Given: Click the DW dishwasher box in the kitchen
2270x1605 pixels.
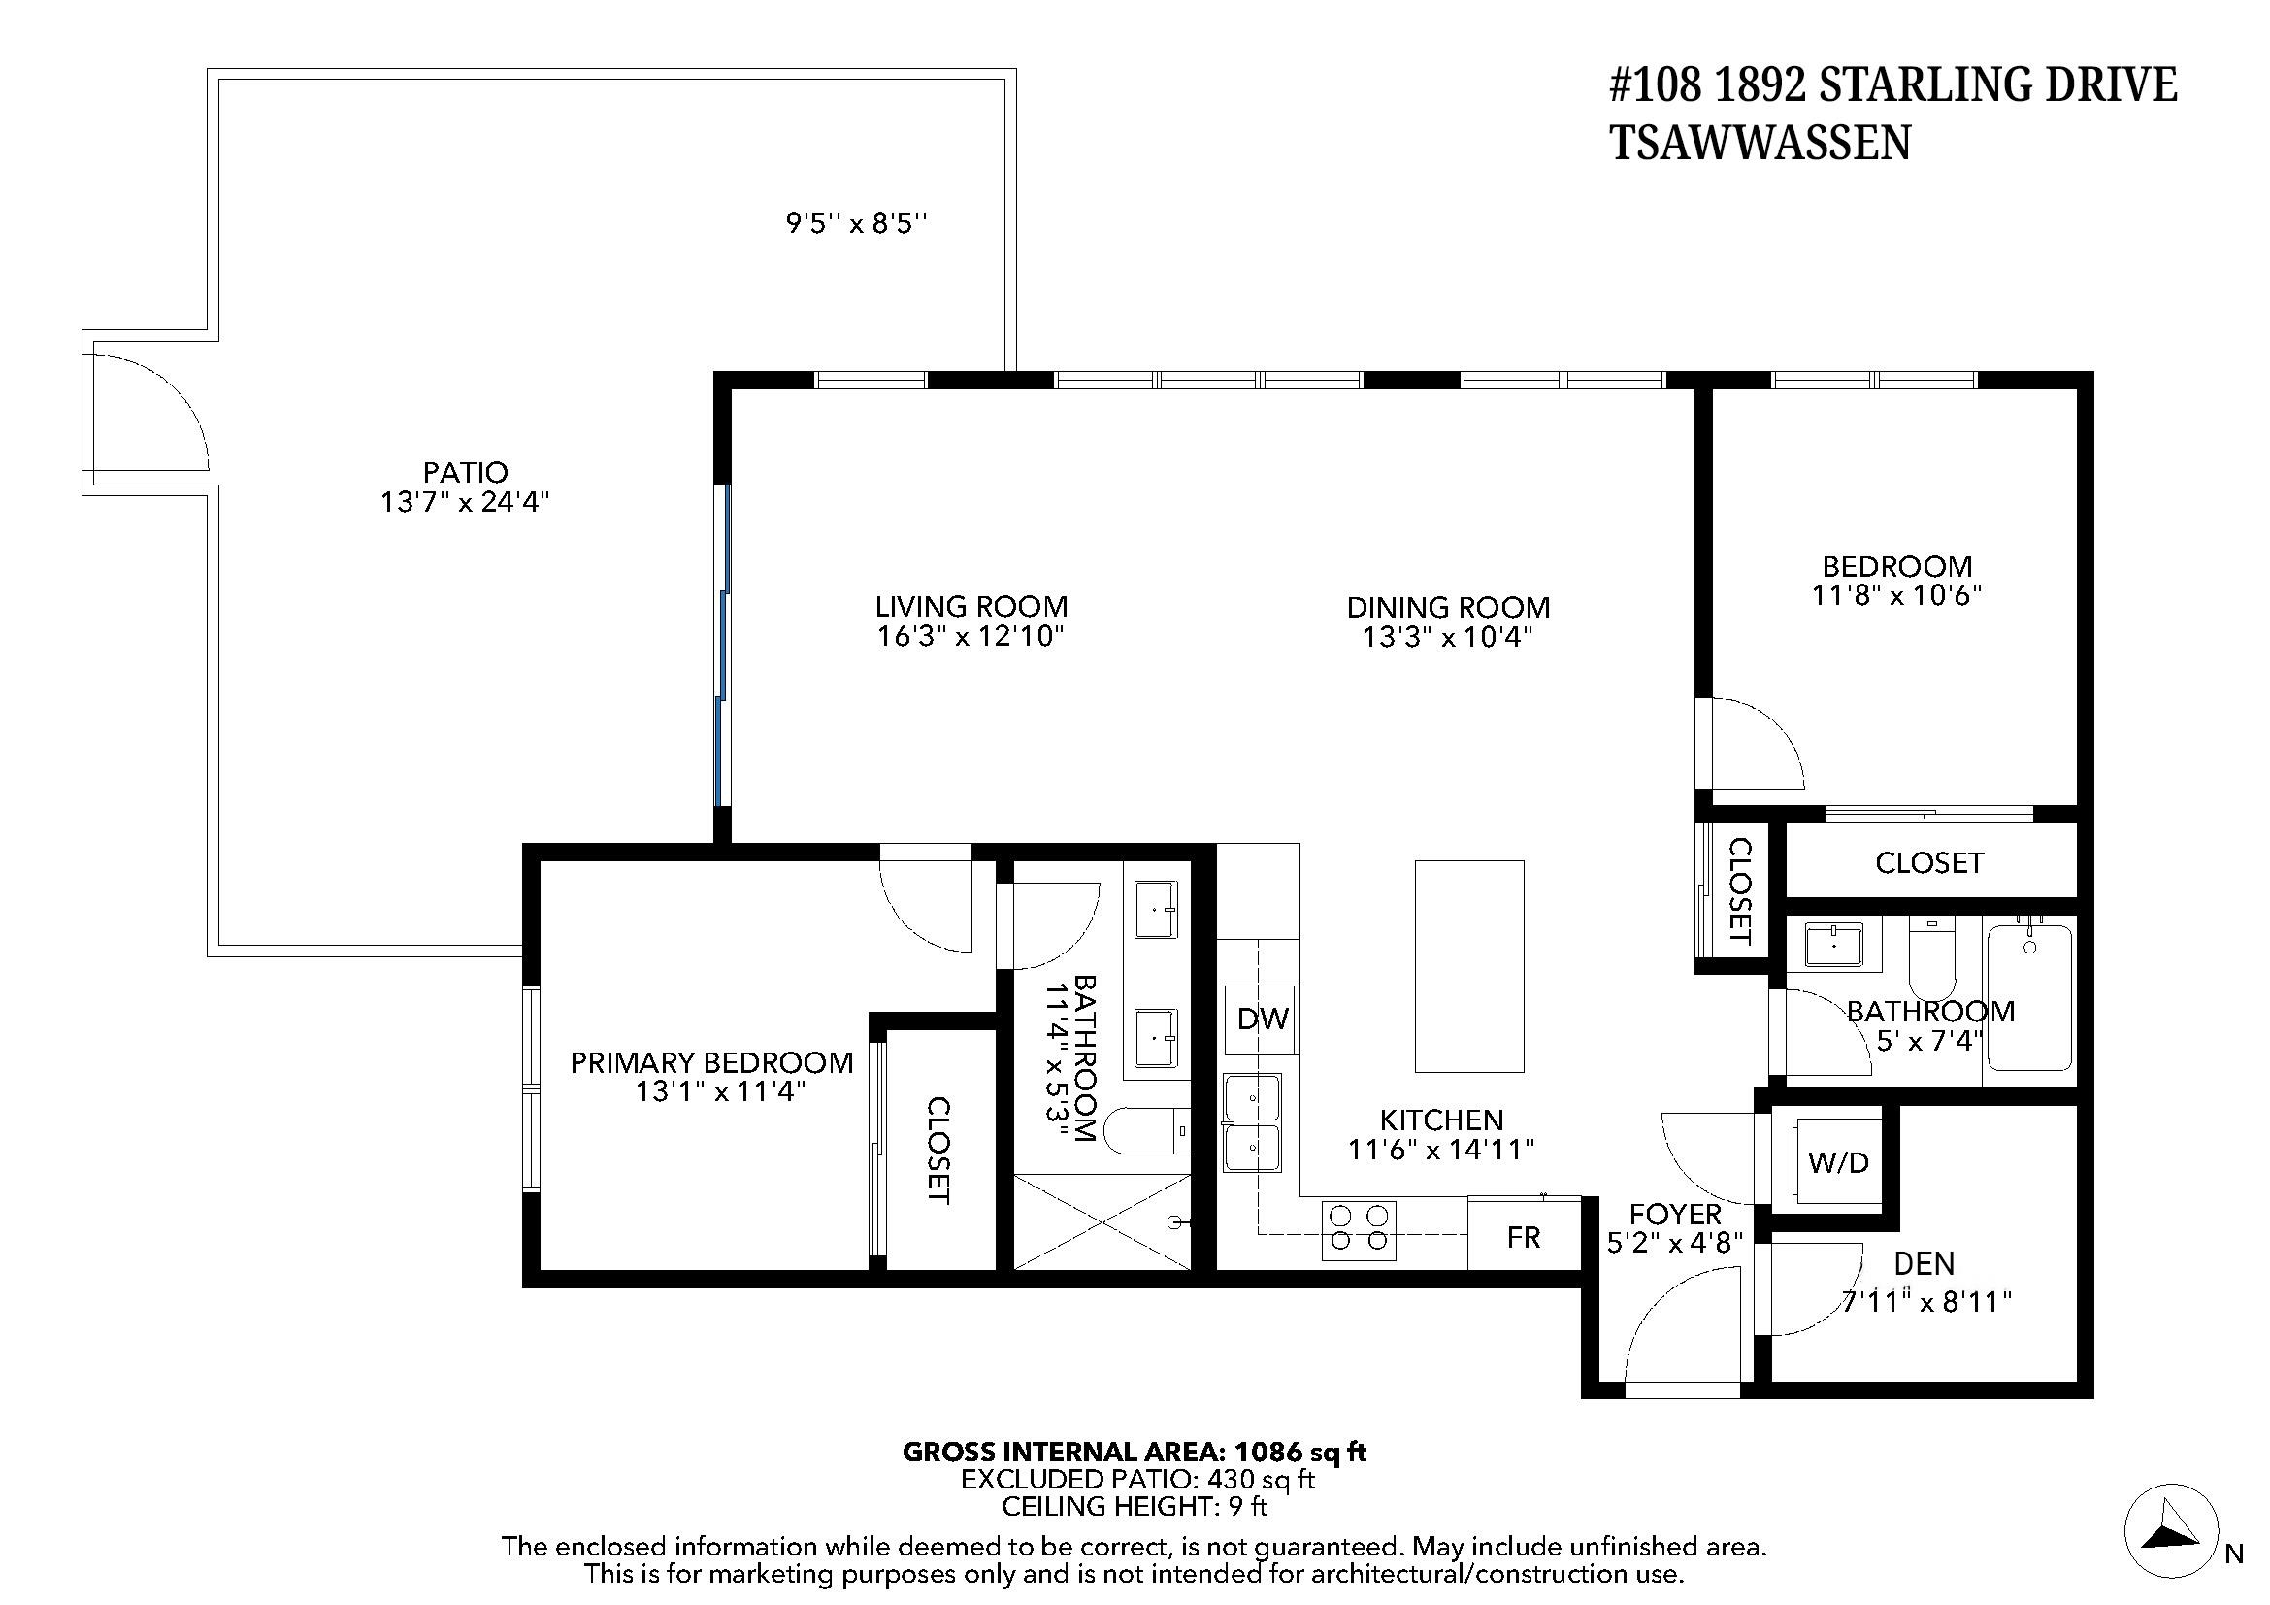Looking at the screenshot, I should (x=1262, y=1020).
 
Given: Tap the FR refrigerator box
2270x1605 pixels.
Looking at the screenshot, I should (x=1524, y=1237).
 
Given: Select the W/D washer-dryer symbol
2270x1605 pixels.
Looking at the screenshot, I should (x=1837, y=1162).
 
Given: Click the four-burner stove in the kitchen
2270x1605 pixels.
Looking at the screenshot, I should (x=1360, y=1230).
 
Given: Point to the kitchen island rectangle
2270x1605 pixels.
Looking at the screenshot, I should (x=1469, y=966).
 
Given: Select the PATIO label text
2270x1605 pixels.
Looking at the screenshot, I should (x=466, y=473).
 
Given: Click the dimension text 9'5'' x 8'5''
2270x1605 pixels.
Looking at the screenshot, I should (x=856, y=223).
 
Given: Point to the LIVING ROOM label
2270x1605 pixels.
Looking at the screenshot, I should (x=971, y=606).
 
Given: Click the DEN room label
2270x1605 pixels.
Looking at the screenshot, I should (x=1924, y=1263).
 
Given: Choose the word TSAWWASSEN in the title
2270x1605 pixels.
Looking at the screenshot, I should (x=1760, y=145).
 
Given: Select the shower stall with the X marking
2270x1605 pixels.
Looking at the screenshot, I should (x=1102, y=1221).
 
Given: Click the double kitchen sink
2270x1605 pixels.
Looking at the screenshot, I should (x=1253, y=1122).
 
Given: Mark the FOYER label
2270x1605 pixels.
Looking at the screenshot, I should (x=1675, y=1214).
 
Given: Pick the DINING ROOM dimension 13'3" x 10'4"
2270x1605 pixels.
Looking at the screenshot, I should (x=1447, y=637).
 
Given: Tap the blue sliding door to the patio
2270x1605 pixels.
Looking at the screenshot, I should (x=723, y=643).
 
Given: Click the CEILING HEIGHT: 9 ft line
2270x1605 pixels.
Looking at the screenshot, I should (x=1134, y=1507).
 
